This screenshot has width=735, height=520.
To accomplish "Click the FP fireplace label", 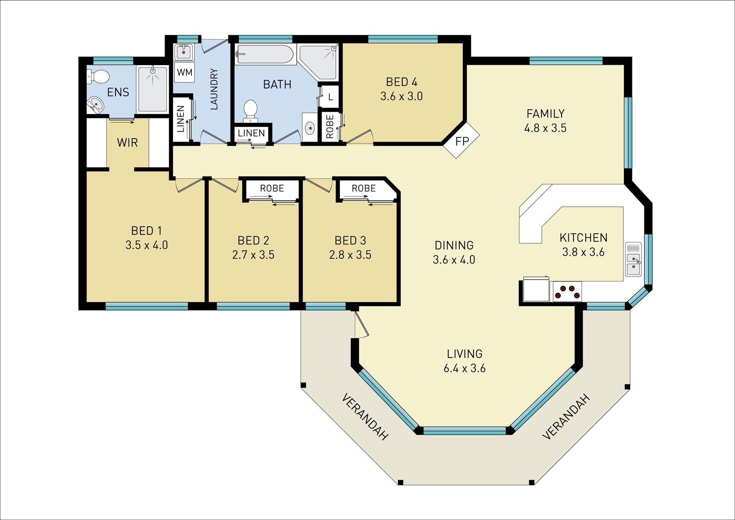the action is coord(462,141).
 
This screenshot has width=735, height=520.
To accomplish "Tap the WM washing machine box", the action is coord(185,72).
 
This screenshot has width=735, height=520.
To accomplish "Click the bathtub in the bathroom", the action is coord(265,54).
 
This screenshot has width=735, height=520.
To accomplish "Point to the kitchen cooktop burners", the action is coord(567,291).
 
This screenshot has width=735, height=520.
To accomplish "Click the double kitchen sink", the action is coord(633,259).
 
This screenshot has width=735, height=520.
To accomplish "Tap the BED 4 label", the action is coord(402,82).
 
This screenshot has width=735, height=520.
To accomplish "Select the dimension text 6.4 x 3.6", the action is coord(464,368).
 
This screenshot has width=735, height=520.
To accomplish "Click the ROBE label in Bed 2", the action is coord(272,188).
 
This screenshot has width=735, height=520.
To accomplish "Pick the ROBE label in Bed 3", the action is coord(364,188).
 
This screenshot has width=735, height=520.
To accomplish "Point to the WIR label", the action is coord(127,143).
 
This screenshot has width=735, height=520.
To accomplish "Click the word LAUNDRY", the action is coord(214,89).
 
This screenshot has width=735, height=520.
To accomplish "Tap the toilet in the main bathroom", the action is coord(250,111).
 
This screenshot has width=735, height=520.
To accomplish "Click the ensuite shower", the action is coord(152,90).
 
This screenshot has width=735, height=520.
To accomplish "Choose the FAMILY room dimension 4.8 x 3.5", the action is coord(545,128).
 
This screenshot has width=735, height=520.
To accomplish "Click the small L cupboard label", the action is coord(331,97).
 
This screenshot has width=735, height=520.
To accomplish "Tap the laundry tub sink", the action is coord(184,52).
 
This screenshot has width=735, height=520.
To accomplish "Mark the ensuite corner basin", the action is coord(95,105).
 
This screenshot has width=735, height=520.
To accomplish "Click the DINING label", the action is coord(454,245).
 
